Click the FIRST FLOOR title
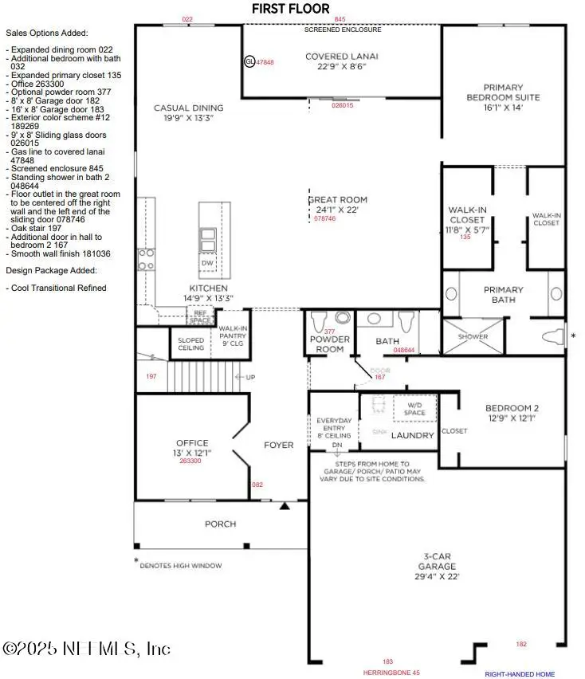point(290,9)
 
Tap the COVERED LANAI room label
point(341,57)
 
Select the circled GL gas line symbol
point(250,61)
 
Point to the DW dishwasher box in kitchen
point(207,262)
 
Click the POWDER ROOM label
point(330,343)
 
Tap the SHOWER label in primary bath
point(472,336)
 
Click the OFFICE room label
point(192,443)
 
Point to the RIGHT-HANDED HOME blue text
point(520,674)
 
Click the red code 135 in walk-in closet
point(467,237)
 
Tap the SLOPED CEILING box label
point(191,343)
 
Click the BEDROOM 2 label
point(511,412)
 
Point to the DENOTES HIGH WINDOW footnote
point(180,566)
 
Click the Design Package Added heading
point(46,270)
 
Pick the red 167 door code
point(379,377)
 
